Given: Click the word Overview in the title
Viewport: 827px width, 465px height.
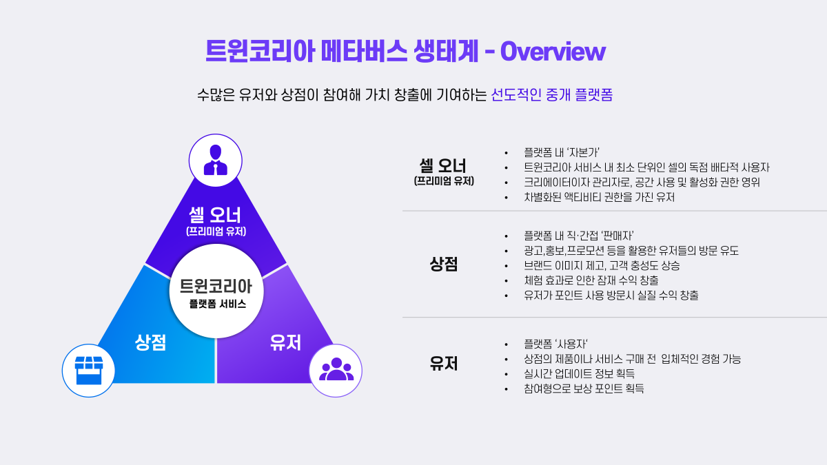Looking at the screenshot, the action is pyautogui.click(x=553, y=52).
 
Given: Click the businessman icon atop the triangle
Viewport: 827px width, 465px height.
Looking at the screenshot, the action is pyautogui.click(x=216, y=160).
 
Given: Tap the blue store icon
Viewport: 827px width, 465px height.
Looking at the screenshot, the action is pyautogui.click(x=89, y=371).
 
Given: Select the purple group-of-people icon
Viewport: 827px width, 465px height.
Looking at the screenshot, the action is pyautogui.click(x=336, y=369).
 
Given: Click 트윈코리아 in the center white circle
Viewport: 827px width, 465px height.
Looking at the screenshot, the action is pyautogui.click(x=216, y=287).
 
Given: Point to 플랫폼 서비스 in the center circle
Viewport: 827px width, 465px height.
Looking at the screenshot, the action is pyautogui.click(x=218, y=304).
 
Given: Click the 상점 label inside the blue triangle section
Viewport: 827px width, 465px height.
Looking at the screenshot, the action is pyautogui.click(x=151, y=342).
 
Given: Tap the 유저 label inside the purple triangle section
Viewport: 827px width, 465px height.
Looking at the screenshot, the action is pyautogui.click(x=285, y=342).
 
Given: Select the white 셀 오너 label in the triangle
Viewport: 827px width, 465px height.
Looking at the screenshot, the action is pyautogui.click(x=215, y=215).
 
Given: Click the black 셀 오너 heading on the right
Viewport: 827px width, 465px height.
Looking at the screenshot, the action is pyautogui.click(x=443, y=166).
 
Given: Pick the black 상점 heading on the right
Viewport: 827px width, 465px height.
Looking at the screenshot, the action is pyautogui.click(x=443, y=265).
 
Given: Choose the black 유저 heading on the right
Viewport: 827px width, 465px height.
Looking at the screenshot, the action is pyautogui.click(x=443, y=364).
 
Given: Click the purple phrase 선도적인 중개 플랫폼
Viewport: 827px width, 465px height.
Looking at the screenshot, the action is pyautogui.click(x=551, y=95).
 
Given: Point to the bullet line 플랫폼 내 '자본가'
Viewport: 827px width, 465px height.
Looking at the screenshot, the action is pyautogui.click(x=562, y=152).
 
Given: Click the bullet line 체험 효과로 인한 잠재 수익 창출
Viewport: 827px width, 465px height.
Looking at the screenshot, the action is pyautogui.click(x=591, y=280).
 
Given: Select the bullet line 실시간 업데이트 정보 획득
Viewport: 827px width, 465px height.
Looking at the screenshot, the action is pyautogui.click(x=580, y=374).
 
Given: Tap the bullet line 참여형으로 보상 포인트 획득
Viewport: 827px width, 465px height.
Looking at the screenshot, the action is pyautogui.click(x=584, y=389).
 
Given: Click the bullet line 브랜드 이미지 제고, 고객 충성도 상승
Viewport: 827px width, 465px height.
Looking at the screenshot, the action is pyautogui.click(x=602, y=266).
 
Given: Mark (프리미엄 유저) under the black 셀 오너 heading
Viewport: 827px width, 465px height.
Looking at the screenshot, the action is pyautogui.click(x=444, y=181).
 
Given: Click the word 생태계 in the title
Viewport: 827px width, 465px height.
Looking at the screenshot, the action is pyautogui.click(x=446, y=51).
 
